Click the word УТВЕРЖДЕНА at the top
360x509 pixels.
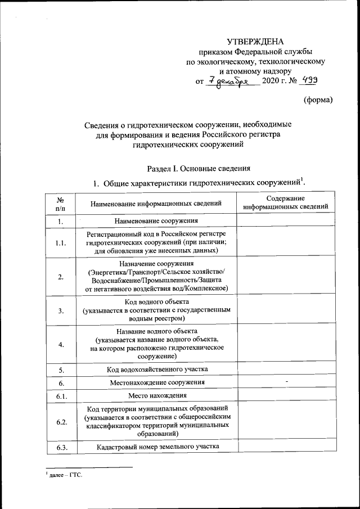(255, 42)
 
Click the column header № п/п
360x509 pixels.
(59, 203)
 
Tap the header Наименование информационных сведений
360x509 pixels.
(155, 203)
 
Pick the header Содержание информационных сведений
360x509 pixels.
(286, 203)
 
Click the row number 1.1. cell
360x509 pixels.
(59, 243)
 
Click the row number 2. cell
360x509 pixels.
(59, 276)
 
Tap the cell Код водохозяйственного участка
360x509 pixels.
(155, 370)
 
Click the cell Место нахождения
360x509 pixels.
(155, 397)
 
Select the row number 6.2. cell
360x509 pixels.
(59, 422)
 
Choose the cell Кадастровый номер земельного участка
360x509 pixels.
(155, 447)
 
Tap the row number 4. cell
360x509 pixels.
(59, 345)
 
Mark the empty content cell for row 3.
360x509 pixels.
(286, 310)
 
